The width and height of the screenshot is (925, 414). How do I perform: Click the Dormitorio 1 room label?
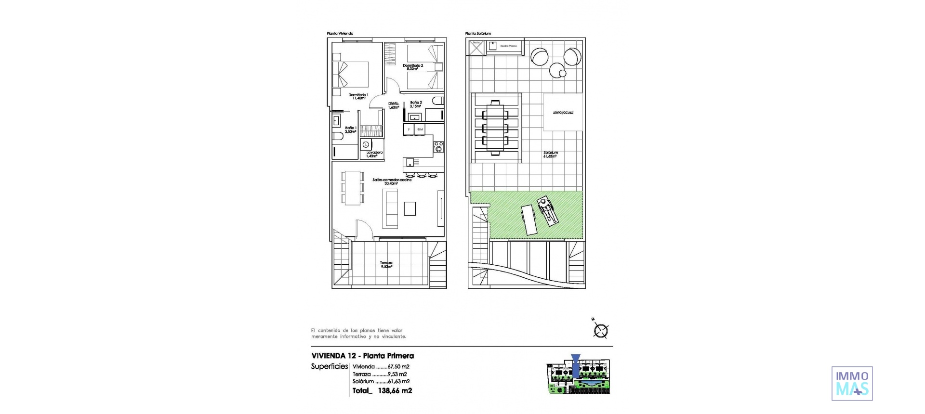coord(358,96)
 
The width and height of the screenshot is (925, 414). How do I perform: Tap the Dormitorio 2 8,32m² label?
coord(413,67)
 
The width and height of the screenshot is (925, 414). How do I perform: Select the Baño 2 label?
coord(416,104)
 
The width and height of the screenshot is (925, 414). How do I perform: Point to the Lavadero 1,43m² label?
coord(374,154)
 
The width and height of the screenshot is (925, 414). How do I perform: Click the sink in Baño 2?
coord(414,116)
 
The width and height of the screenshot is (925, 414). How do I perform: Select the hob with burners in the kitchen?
coord(438,146)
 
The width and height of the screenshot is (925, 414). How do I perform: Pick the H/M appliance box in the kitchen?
coord(420,129)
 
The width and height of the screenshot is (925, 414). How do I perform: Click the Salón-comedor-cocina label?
coord(392,181)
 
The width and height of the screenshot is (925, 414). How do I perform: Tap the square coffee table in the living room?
coord(410,208)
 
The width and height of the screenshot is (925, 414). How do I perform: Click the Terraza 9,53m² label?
coord(386,264)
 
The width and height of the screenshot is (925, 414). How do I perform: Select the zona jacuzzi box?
coord(563,112)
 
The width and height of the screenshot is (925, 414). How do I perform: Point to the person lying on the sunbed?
coord(548,211)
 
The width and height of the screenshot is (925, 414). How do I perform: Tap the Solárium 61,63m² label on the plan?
coord(551,154)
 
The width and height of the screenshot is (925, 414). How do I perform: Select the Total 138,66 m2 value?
coord(383,391)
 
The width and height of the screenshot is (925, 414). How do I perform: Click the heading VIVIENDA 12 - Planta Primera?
coord(362,356)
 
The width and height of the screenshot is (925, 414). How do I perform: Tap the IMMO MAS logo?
coord(852,384)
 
